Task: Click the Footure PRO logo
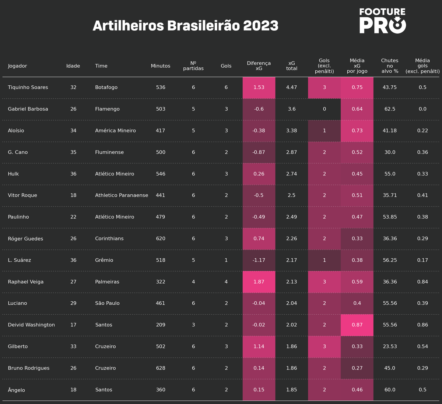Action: pos(382,21)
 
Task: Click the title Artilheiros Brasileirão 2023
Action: pos(185,26)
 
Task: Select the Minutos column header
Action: pos(161,66)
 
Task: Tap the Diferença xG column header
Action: pos(259,66)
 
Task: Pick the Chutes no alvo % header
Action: pos(390,66)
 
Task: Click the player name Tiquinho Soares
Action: pos(28,87)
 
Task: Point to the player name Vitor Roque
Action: pos(22,195)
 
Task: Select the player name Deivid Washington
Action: pos(31,325)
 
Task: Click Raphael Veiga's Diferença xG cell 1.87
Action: pos(259,282)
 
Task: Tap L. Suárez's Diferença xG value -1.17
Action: pos(259,260)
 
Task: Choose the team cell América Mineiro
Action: pos(115,131)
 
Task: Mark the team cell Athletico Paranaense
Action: pos(122,195)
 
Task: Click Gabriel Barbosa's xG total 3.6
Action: pos(292,109)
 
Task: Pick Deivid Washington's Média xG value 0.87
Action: pos(357,325)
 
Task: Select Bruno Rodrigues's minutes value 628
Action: pos(161,368)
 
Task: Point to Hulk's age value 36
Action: pos(73,174)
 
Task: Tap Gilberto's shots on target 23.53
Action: pos(390,346)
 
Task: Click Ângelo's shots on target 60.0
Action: pos(390,390)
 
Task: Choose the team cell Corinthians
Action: pos(109,238)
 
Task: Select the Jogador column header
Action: pos(18,66)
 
